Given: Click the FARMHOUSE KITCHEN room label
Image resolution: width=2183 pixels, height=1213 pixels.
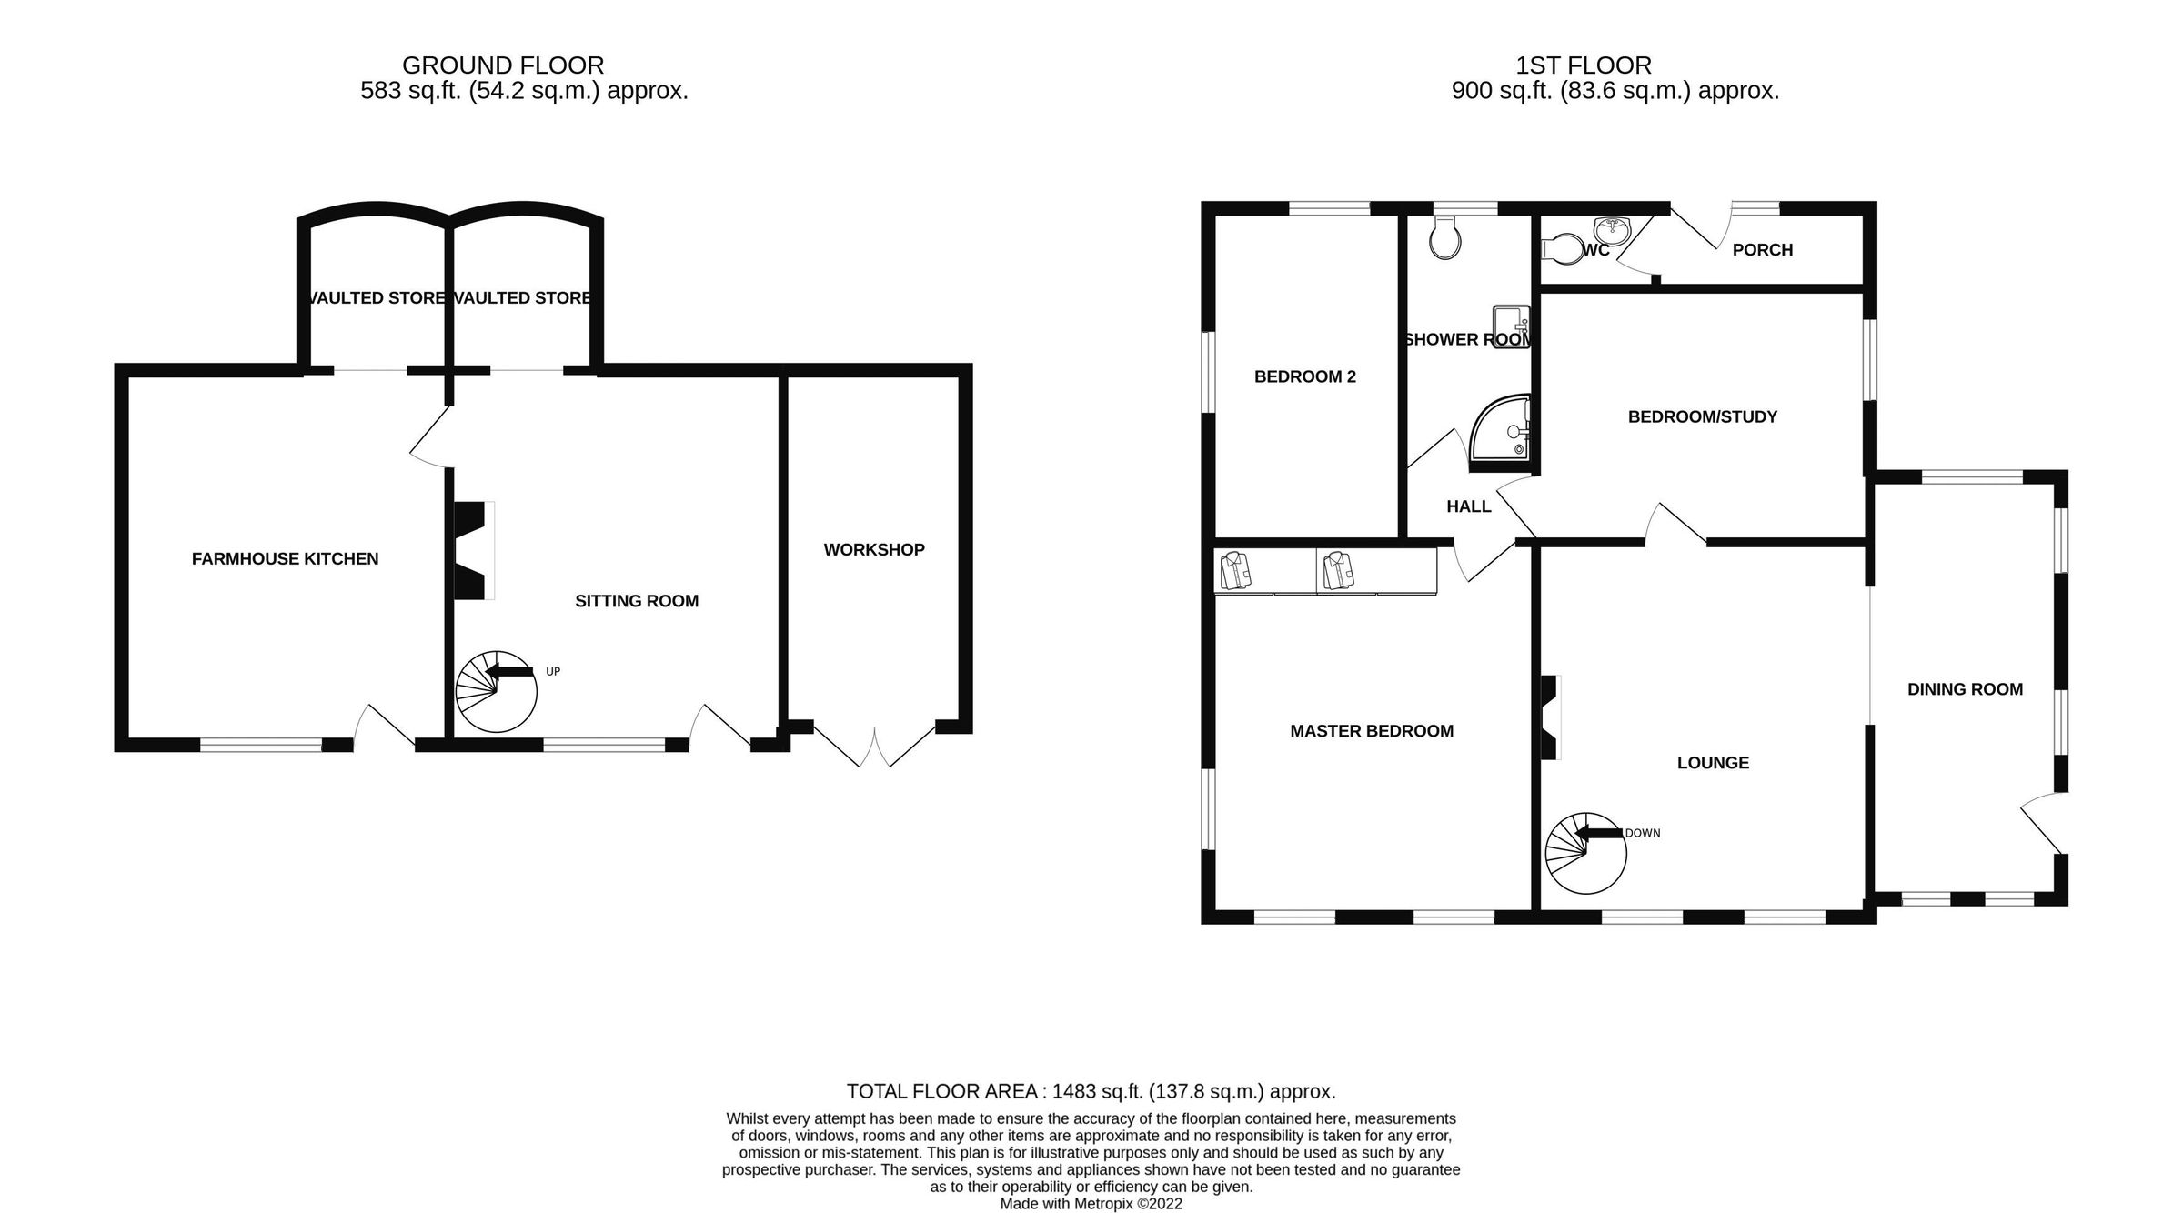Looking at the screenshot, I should [x=285, y=559].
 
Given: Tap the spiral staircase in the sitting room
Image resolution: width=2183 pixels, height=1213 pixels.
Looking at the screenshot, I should [x=496, y=692].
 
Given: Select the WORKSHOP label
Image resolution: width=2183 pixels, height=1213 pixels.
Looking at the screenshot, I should [x=874, y=550].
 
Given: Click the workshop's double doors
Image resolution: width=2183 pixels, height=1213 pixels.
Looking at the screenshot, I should [x=875, y=746].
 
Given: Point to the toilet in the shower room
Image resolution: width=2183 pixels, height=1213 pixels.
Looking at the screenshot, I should [x=1445, y=238].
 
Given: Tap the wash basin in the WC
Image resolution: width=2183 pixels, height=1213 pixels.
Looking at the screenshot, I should [x=1613, y=226].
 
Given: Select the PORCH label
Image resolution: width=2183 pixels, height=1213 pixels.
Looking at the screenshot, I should [x=1762, y=250].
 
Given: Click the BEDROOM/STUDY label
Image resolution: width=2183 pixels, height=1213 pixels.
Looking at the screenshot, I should [x=1702, y=417].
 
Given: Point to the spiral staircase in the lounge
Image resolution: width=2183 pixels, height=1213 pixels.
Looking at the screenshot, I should [x=1585, y=853].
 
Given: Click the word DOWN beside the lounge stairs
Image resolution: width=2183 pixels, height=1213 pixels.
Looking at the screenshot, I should [x=1643, y=833].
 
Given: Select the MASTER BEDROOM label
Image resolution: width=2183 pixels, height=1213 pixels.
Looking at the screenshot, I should [x=1372, y=731].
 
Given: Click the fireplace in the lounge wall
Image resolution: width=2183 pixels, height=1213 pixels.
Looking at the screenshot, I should [x=1549, y=717].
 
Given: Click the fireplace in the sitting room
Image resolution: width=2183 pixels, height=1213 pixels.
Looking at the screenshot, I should [x=471, y=551].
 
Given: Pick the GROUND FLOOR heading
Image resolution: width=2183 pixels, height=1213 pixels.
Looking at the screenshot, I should [x=503, y=65].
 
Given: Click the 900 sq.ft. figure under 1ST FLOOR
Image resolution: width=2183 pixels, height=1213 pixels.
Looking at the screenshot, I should [x=1501, y=91].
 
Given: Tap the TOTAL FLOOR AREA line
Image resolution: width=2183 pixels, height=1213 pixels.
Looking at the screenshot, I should [x=1091, y=1091].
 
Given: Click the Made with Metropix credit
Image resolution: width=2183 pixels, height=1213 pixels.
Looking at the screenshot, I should [x=1091, y=1204].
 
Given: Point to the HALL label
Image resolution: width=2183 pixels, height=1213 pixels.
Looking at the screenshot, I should [x=1468, y=506].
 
